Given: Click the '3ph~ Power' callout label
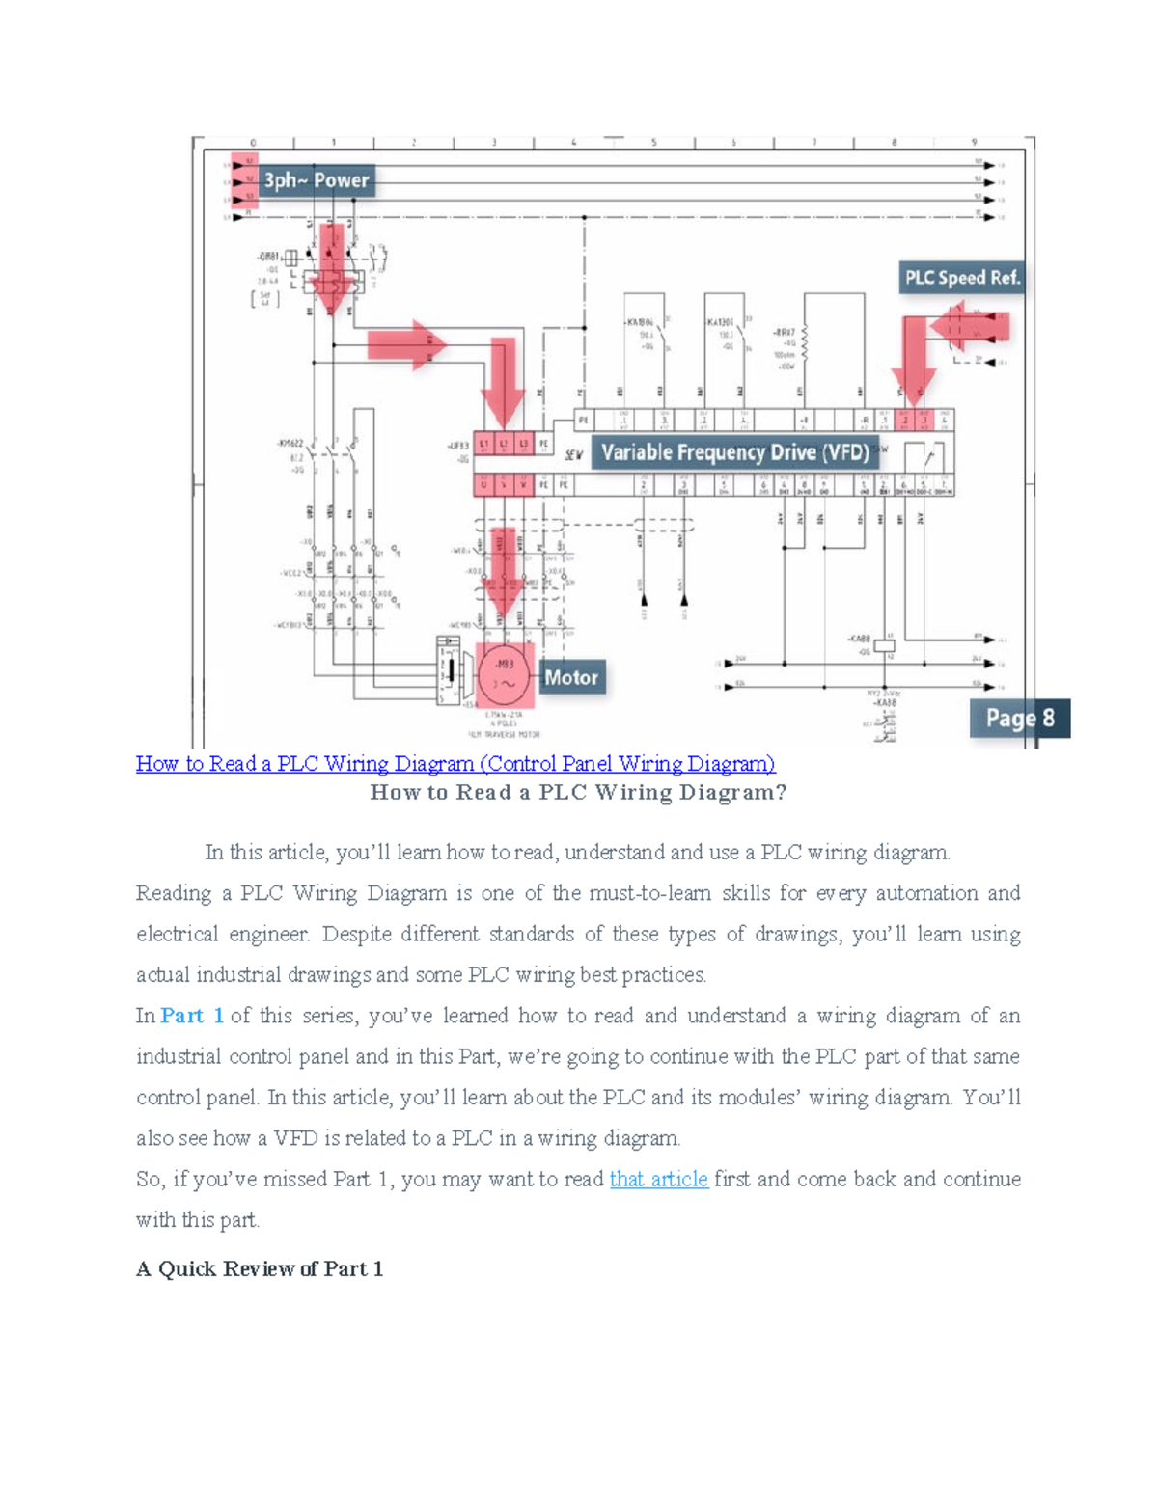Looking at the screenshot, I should click(x=316, y=180).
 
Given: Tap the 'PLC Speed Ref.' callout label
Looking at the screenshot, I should click(x=961, y=278).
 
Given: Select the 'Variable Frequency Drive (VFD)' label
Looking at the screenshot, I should click(x=735, y=452).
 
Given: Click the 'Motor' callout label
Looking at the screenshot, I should click(x=571, y=677).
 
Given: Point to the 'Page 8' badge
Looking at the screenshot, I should click(x=1019, y=719).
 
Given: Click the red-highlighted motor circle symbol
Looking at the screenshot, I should click(x=505, y=673).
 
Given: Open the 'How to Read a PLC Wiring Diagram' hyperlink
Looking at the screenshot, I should click(x=455, y=764).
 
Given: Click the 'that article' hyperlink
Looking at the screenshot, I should click(x=659, y=1179).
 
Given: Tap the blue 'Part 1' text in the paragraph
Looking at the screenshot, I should click(x=192, y=1016).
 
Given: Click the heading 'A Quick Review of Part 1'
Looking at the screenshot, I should click(x=260, y=1268).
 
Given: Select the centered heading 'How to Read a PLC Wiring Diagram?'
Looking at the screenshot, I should click(x=578, y=793).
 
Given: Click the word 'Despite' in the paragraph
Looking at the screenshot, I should click(x=351, y=934).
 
